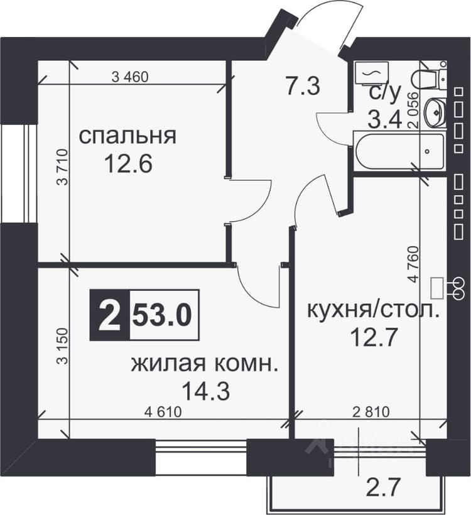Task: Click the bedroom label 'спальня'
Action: (127, 136)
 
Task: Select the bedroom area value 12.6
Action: (128, 164)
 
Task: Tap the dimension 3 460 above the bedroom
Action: (130, 77)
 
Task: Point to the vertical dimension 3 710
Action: (62, 167)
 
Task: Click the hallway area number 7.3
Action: (303, 86)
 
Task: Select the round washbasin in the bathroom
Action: (435, 112)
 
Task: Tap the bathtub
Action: (399, 151)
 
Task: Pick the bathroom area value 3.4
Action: (384, 119)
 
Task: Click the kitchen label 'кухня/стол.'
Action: (373, 310)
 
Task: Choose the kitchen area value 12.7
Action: (374, 338)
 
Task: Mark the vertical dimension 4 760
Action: (414, 264)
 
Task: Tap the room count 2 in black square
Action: (109, 315)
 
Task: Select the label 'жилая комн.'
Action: (204, 364)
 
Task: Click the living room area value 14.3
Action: (205, 391)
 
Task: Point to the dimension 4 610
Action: (163, 412)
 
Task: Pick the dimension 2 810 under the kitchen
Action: (371, 412)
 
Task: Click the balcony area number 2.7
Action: (384, 488)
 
